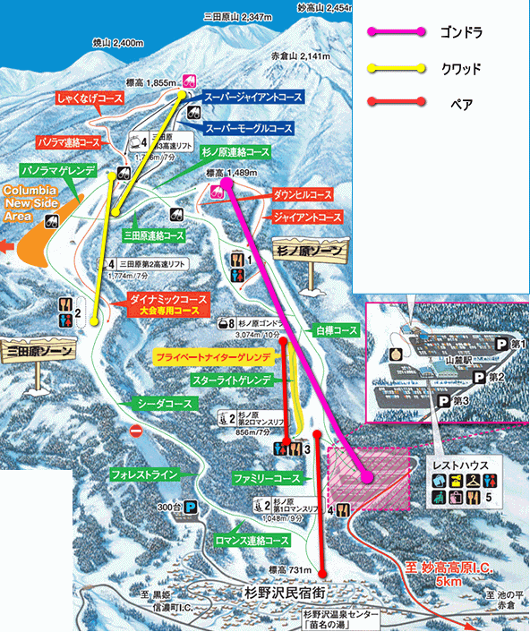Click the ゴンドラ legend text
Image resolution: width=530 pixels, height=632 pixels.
point(461,33)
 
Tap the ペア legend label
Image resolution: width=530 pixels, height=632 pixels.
point(461,104)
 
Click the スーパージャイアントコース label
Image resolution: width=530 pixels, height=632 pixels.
point(253,94)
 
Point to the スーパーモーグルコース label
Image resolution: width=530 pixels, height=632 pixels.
point(249,128)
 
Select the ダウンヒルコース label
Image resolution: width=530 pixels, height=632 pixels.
point(302,193)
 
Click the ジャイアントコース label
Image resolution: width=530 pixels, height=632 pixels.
point(306,218)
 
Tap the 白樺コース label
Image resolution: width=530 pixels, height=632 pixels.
point(336,330)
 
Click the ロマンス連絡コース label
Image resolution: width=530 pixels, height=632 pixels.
point(252,541)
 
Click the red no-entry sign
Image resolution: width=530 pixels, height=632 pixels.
point(137,431)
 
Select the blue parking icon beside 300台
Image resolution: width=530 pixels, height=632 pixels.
point(192,508)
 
